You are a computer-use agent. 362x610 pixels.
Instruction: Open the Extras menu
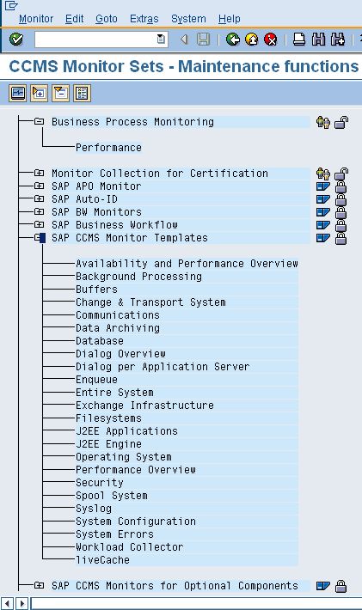coord(144,19)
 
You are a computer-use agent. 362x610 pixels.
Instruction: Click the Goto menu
coord(107,19)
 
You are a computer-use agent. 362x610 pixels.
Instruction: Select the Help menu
coord(229,19)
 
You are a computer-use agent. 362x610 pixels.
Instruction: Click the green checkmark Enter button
coord(16,39)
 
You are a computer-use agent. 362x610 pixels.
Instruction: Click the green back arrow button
coord(233,39)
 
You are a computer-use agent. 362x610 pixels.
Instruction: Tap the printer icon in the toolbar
coord(299,39)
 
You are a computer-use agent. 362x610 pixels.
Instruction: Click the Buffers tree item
coord(96,290)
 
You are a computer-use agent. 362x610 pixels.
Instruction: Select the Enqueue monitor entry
coord(96,379)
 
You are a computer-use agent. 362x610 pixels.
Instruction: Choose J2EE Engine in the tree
coord(108,444)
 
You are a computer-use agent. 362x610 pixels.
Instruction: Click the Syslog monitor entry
coord(94,508)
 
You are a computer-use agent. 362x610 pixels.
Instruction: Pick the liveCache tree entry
coord(102,560)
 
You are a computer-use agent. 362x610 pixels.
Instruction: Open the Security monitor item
coord(100,482)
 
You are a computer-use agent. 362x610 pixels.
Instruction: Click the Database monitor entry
coord(100,341)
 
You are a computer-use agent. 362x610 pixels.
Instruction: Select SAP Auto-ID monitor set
coord(84,199)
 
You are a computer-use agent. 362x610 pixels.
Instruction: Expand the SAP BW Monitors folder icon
coord(39,211)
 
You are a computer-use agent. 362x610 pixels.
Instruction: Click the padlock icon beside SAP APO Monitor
coord(341,186)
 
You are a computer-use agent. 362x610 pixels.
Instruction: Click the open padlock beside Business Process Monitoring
coord(341,123)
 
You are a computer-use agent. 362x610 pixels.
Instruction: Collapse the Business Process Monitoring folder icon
coord(39,121)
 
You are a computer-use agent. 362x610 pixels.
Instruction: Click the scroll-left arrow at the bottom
coord(8,604)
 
